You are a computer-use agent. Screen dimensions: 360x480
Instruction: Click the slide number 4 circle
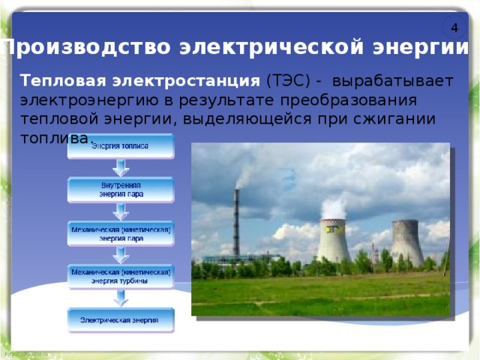tap(454, 27)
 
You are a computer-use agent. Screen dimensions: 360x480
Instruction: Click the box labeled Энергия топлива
tap(120, 146)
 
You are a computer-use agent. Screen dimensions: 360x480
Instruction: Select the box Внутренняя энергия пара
tap(120, 190)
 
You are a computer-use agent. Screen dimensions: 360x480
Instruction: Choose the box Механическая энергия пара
tap(120, 233)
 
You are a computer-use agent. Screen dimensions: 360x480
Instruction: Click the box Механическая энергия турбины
tap(120, 277)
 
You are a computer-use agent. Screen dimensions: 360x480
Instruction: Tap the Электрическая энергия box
tap(120, 320)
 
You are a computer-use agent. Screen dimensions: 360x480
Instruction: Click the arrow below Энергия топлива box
tap(120, 167)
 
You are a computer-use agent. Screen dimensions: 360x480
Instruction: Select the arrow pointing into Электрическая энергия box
tap(120, 298)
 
